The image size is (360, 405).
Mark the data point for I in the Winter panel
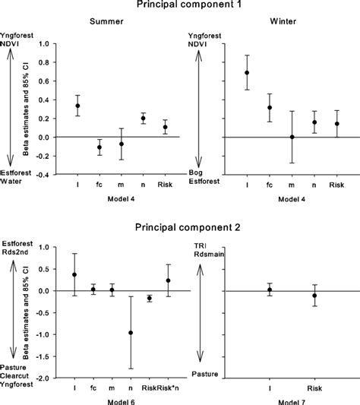[x=246, y=73]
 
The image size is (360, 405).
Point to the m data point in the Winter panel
[x=291, y=137]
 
